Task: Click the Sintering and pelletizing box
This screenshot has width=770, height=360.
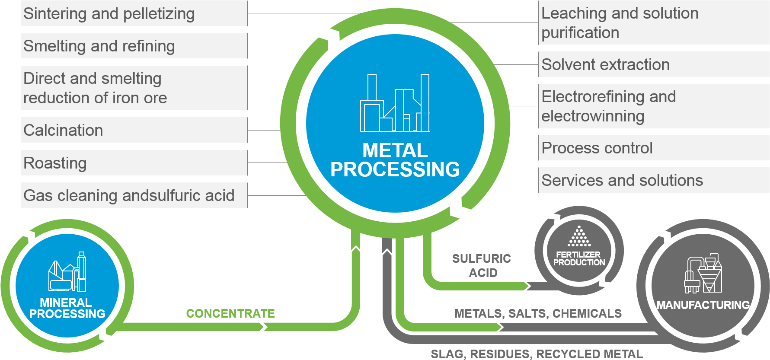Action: (134, 13)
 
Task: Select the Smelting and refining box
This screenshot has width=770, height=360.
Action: (134, 46)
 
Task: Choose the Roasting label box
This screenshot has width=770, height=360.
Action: (134, 163)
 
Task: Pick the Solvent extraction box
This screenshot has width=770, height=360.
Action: (653, 64)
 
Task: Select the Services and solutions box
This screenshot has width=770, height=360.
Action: (653, 180)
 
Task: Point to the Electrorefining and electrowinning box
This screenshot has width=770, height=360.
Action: (653, 106)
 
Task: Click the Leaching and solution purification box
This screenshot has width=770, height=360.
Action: (653, 22)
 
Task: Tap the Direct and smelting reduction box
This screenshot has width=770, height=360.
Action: (134, 88)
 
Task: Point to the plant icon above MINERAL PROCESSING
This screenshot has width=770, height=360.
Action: (67, 272)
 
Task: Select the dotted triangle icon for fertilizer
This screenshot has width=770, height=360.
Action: (579, 236)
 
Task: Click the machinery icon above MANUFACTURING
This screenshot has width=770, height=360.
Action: (703, 274)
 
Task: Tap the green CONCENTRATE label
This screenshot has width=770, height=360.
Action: (230, 313)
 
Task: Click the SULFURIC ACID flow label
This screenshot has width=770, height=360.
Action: (482, 265)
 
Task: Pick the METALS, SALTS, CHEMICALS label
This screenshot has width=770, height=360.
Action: (538, 313)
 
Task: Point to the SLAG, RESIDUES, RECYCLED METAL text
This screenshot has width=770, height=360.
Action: (537, 354)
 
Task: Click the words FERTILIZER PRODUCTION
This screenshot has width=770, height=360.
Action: (579, 258)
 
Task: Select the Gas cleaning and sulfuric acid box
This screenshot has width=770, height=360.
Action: (134, 195)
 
